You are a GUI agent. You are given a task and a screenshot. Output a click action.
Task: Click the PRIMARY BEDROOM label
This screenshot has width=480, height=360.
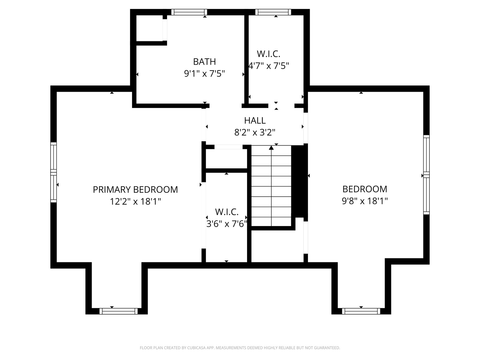135,189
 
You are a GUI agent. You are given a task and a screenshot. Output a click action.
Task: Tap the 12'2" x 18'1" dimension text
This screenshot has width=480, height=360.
135,201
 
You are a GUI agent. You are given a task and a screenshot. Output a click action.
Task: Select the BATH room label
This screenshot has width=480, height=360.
204,61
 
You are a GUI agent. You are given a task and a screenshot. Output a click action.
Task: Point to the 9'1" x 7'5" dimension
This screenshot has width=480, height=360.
204,73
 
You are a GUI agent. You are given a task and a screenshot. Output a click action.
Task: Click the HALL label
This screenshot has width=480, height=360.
255,120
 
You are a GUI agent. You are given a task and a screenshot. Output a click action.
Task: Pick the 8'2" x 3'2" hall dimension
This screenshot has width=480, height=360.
255,132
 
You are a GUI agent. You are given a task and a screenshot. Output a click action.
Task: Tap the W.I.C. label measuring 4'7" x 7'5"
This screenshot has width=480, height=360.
268,54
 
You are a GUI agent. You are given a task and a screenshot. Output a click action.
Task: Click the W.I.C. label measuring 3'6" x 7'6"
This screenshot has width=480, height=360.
227,212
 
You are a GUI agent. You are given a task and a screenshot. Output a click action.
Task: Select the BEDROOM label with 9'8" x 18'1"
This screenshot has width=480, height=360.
365,189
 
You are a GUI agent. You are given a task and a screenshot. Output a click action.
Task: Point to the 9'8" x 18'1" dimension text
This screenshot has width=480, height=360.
365,201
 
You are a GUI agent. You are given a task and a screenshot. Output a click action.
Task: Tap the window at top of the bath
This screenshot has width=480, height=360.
189,12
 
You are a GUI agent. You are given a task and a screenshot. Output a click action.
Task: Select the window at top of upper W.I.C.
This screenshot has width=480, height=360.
273,12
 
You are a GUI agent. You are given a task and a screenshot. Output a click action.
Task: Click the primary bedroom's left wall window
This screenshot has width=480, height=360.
53,172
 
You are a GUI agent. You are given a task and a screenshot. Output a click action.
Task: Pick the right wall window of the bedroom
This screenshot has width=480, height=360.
426,175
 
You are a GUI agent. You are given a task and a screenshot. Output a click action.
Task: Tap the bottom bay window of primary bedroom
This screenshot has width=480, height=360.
118,311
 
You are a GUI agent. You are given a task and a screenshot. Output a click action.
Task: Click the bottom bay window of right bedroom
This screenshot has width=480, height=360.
361,311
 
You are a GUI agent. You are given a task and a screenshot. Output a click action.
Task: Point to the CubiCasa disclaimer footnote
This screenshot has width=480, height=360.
240,348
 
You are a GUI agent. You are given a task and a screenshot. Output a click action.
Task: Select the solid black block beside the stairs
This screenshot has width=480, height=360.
299,182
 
